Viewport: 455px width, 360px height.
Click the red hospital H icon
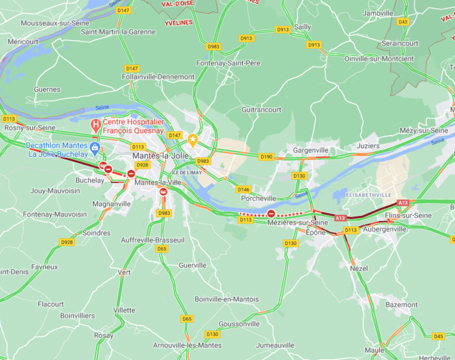95,125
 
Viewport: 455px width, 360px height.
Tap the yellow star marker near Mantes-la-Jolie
193,140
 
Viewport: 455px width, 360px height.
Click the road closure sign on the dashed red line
271,213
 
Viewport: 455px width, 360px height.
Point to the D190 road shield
266,157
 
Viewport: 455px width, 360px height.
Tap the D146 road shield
243,189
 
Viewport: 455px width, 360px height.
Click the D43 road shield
403,22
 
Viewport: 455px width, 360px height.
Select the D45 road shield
438,336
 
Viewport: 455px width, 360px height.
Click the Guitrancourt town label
261,110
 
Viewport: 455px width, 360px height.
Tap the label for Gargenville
311,150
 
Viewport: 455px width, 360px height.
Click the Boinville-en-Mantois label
227,299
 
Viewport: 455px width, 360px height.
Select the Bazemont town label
401,305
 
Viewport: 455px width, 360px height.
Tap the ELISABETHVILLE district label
369,195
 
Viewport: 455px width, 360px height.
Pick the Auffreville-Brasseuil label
152,239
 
